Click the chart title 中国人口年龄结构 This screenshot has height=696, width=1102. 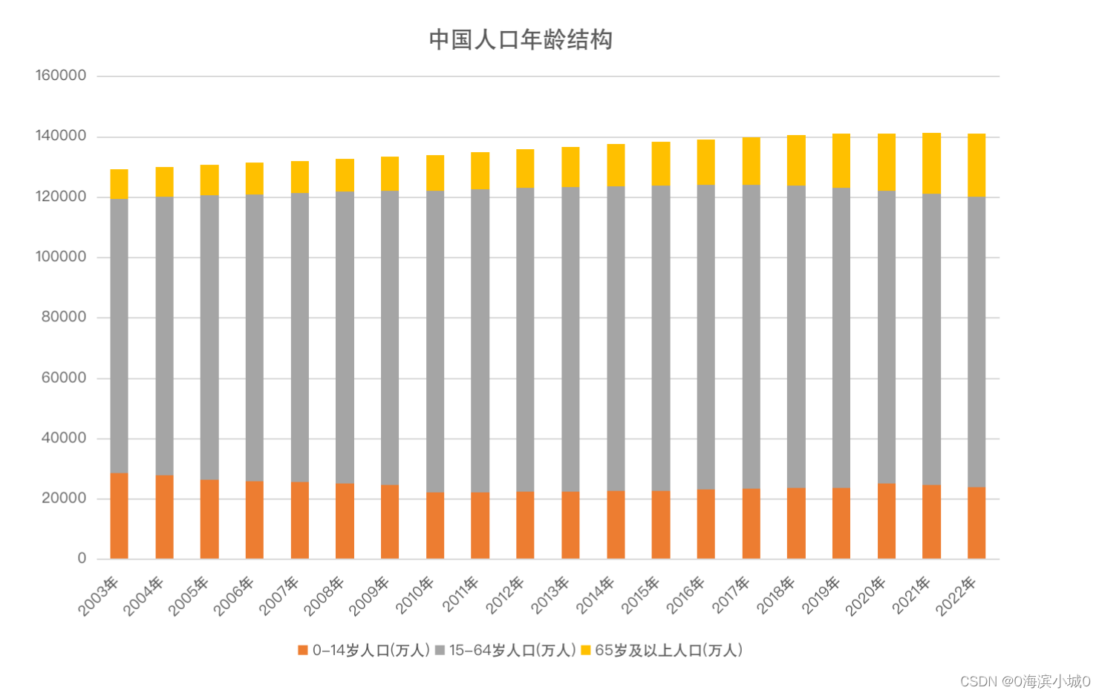[x=521, y=39]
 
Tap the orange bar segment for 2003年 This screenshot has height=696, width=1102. [x=119, y=516]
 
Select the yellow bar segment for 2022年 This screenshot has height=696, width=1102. [x=976, y=165]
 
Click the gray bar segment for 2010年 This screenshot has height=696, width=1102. [x=435, y=341]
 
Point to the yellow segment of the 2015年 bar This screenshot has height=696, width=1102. [x=661, y=163]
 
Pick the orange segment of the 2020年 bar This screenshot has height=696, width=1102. [x=886, y=521]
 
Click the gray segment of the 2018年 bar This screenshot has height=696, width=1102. [x=796, y=336]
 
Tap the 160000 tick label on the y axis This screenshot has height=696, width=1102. [x=61, y=76]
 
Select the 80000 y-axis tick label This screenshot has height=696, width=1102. [x=64, y=318]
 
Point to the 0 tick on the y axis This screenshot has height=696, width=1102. [x=82, y=559]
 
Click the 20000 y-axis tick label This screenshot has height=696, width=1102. [x=64, y=499]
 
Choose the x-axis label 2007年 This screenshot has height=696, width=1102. [x=279, y=596]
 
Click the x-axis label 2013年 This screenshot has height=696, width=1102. [x=550, y=596]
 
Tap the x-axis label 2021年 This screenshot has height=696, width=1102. [x=911, y=596]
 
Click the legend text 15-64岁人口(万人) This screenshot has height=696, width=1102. [x=512, y=651]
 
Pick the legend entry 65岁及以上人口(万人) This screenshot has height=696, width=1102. [x=668, y=651]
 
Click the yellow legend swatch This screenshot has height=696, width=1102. [x=585, y=651]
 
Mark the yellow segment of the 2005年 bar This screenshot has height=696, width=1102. [x=209, y=180]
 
